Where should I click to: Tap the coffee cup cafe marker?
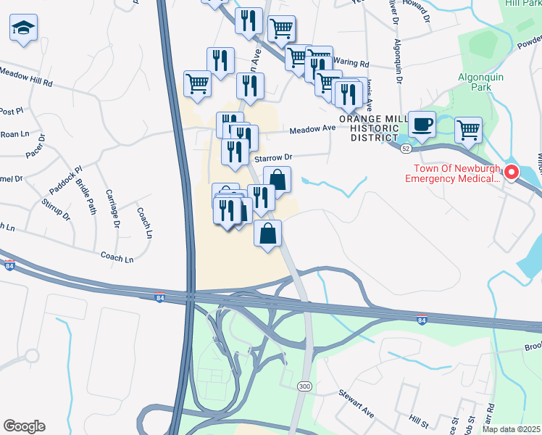(422, 124)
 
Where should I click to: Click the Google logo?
(24, 426)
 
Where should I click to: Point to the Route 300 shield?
(304, 387)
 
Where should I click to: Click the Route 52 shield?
(406, 148)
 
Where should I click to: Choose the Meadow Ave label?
(313, 129)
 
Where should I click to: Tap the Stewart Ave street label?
(356, 404)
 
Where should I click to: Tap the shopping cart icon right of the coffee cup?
(468, 130)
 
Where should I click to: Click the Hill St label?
(419, 420)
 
